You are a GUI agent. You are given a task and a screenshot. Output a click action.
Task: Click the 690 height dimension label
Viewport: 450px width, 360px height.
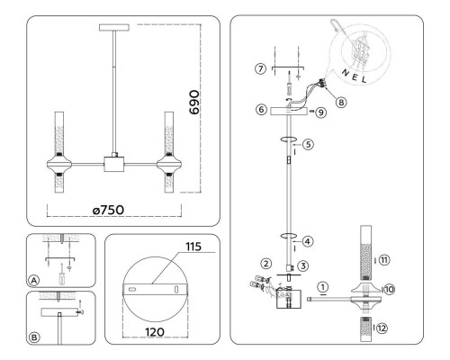click(x=194, y=103)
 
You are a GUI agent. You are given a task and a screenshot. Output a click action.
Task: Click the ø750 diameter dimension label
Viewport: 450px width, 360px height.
click(x=108, y=210)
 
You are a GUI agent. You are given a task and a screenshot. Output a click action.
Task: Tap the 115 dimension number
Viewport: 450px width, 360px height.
click(x=193, y=247)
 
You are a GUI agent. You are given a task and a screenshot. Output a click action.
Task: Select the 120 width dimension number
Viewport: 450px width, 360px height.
click(x=155, y=332)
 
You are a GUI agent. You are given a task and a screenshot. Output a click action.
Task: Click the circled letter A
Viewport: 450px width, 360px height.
click(x=34, y=281)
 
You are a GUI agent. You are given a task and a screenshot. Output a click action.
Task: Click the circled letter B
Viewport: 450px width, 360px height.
click(x=34, y=337)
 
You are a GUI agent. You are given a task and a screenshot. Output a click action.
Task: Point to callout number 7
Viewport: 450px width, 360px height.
click(x=261, y=68)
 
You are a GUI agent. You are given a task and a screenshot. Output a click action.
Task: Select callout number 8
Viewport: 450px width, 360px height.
click(x=341, y=103)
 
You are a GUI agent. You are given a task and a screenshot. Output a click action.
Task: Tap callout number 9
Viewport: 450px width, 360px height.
click(x=321, y=112)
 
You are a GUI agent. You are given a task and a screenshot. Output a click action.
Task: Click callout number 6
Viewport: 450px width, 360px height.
click(x=261, y=110)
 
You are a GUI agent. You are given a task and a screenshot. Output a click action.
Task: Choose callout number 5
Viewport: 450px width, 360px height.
click(x=308, y=144)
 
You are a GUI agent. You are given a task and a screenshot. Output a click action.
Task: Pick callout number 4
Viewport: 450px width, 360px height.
click(x=308, y=241)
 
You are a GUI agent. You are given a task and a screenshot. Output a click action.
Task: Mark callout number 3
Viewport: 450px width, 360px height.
click(x=303, y=265)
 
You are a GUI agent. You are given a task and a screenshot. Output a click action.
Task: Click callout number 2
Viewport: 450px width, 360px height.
click(x=265, y=264)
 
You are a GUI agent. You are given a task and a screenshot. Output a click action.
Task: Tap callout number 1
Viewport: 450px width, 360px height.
click(x=323, y=287)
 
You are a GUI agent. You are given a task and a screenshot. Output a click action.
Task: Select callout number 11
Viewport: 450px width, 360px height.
click(x=384, y=260)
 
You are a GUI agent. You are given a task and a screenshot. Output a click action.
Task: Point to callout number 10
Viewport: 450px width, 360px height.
click(x=389, y=290)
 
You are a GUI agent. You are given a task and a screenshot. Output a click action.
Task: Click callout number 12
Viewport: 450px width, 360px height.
click(x=382, y=328)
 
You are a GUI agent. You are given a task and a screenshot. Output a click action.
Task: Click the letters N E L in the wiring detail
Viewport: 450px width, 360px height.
click(x=355, y=76)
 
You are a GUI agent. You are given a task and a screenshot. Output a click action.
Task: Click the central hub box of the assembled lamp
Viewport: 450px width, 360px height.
click(x=114, y=165)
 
